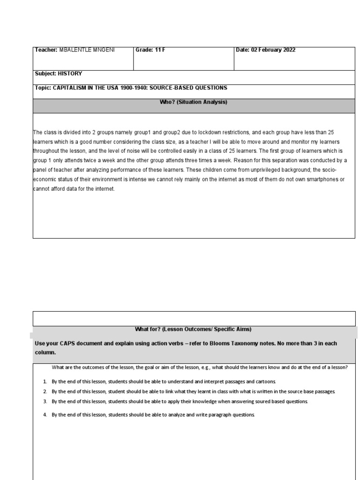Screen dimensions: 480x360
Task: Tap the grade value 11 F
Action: (x=160, y=50)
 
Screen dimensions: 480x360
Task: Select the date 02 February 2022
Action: (x=273, y=50)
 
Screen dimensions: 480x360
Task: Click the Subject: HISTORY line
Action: (x=59, y=74)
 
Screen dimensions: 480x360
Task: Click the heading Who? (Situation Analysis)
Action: (x=193, y=102)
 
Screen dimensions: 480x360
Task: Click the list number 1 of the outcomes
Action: (x=45, y=382)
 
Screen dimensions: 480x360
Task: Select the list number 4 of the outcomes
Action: (x=45, y=415)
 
